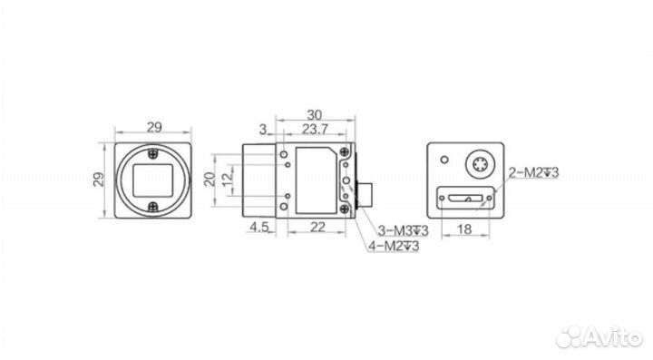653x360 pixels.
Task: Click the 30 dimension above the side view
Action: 315,114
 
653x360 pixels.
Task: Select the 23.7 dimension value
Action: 315,130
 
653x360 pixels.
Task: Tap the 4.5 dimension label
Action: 258,228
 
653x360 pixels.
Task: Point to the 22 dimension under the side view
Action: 317,228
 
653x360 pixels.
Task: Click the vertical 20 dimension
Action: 210,179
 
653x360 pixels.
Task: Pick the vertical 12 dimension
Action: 228,180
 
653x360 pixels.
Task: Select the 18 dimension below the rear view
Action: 464,229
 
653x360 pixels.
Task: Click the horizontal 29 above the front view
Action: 154,127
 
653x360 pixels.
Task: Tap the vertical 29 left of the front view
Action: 99,180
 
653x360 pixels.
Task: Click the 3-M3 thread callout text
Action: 403,230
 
